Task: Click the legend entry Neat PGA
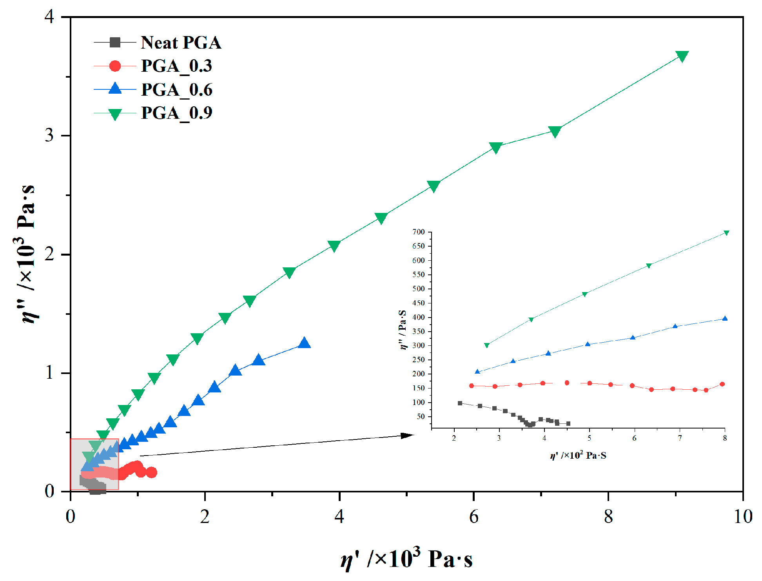tap(181, 42)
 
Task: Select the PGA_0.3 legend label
tap(176, 66)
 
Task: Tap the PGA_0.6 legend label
tap(177, 90)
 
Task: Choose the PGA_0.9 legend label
tap(177, 113)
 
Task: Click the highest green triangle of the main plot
tap(682, 56)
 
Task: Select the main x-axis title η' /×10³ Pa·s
tap(406, 558)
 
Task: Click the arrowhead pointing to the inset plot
tap(408, 436)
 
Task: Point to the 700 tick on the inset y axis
tap(419, 232)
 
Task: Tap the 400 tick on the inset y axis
tap(419, 318)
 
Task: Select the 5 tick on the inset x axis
tap(589, 438)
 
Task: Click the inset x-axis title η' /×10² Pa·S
tap(578, 456)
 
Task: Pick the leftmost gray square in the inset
tap(460, 403)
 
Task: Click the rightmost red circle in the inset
tap(722, 384)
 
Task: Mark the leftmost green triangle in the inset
tap(487, 345)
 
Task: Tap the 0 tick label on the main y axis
tap(49, 491)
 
